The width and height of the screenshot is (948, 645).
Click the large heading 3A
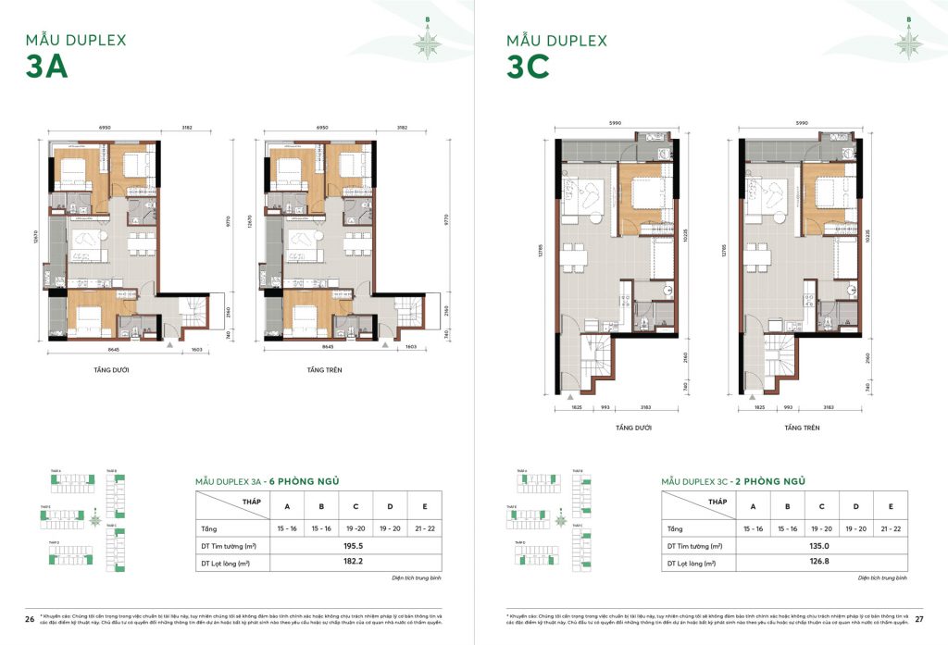click(49, 69)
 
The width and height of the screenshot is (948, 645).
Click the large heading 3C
click(529, 69)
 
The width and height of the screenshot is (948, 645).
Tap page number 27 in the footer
click(918, 618)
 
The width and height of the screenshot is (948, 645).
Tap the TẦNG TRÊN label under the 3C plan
click(799, 428)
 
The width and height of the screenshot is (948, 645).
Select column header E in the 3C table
click(890, 506)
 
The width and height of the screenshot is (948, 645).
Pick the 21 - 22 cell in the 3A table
click(424, 528)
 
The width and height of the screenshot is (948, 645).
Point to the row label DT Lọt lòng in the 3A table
click(226, 563)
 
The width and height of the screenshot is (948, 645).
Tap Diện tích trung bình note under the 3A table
click(417, 577)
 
